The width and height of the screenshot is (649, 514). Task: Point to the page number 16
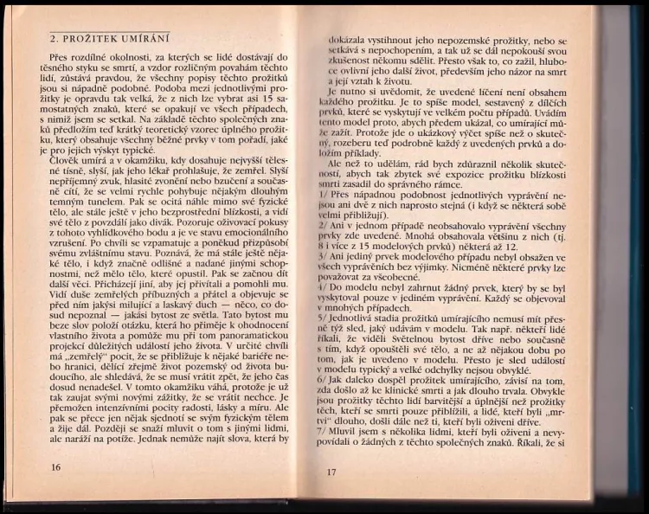pyautogui.click(x=56, y=466)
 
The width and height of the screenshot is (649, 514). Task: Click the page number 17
pyautogui.click(x=331, y=472)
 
